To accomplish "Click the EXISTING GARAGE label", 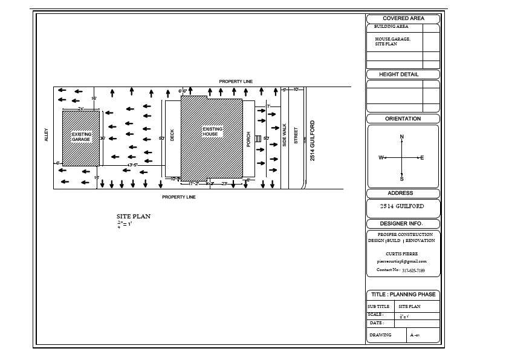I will point(81,137).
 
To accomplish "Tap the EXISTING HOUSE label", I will point(212,131).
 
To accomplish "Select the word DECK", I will point(172,136).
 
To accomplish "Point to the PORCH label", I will point(248,139).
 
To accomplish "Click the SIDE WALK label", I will point(285,136).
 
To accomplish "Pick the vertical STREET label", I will point(296,135).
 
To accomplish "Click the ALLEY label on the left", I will point(47,135).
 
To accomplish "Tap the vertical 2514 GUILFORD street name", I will point(313,140).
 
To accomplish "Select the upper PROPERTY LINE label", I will point(236,81).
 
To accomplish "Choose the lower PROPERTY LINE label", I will point(178,197).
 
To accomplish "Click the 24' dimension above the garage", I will point(80,108).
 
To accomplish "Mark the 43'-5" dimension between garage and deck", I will point(132,165).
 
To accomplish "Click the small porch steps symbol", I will point(258,139).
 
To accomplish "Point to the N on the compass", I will point(402,137).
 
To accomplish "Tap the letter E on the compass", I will point(422,158).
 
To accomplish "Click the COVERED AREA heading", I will point(403,19).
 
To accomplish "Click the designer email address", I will point(401,261).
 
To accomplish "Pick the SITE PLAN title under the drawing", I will point(133,216).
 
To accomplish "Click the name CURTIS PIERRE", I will point(401,254).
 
